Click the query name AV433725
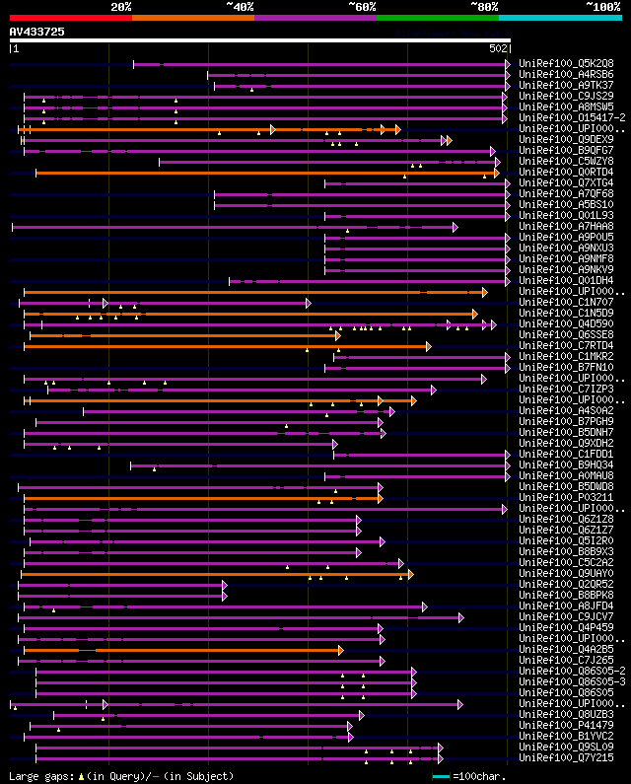click(37, 32)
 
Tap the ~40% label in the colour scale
click(240, 6)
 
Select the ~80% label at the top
click(484, 6)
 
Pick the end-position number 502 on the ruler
click(499, 47)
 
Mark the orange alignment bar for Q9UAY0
click(217, 573)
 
